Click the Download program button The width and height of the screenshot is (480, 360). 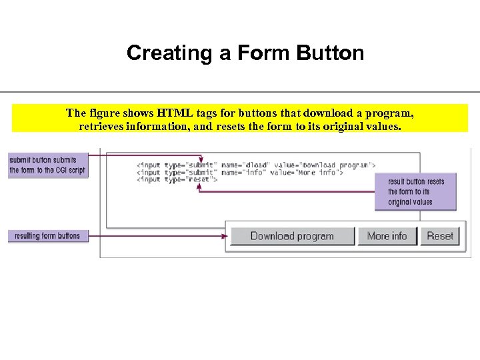click(292, 236)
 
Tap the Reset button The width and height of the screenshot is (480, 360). click(440, 236)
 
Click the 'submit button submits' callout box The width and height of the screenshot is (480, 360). click(47, 165)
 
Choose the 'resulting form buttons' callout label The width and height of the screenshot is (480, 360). click(47, 236)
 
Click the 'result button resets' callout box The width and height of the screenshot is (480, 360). click(415, 192)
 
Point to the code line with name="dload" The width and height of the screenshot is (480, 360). click(256, 165)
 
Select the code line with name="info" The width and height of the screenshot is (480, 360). click(240, 172)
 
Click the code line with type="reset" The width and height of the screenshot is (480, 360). click(177, 179)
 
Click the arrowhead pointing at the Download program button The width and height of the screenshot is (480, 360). click(225, 236)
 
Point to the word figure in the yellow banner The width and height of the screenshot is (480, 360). click(107, 112)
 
